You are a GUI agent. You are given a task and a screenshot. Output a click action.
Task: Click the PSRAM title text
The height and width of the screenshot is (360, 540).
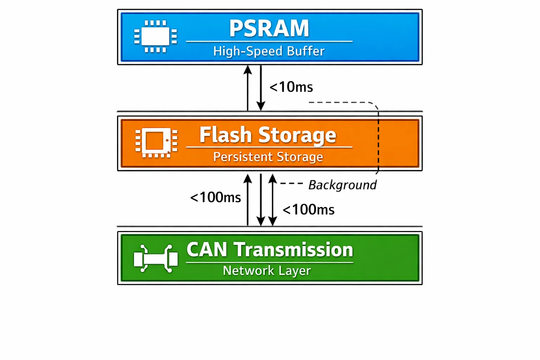[269, 28]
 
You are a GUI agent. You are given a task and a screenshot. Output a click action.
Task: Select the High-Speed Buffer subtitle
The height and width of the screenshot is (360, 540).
[269, 51]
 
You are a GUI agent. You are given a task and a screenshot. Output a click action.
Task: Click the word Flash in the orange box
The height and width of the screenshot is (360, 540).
[226, 135]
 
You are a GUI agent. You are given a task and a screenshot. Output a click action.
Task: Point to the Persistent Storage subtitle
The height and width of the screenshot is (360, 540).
[268, 157]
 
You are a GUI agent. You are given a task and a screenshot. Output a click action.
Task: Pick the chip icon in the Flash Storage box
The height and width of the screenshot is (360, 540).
[156, 142]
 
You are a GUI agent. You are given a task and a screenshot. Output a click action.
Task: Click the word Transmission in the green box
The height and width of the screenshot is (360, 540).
[294, 250]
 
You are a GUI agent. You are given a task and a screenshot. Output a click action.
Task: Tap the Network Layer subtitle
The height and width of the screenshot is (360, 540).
[267, 271]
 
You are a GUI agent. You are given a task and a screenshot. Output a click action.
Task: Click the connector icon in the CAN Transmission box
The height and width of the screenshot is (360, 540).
[156, 259]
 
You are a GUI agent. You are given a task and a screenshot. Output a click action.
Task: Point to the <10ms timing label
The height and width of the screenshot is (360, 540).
[291, 87]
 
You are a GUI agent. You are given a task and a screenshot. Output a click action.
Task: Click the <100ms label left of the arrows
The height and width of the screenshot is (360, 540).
[216, 198]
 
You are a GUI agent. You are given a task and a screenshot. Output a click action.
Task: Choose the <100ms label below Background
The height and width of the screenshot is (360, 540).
[308, 210]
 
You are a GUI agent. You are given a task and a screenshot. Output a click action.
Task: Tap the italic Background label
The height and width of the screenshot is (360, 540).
[342, 185]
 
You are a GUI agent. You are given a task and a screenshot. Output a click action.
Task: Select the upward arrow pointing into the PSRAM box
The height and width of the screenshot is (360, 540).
[248, 88]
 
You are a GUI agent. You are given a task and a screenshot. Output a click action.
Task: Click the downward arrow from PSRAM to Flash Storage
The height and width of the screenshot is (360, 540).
[261, 88]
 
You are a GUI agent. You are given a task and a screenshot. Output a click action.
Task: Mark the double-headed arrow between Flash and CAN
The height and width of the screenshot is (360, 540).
[272, 200]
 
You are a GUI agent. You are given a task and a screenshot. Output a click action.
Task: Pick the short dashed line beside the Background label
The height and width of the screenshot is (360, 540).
[291, 184]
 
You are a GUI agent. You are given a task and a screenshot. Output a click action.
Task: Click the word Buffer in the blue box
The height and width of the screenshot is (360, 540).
[306, 51]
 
